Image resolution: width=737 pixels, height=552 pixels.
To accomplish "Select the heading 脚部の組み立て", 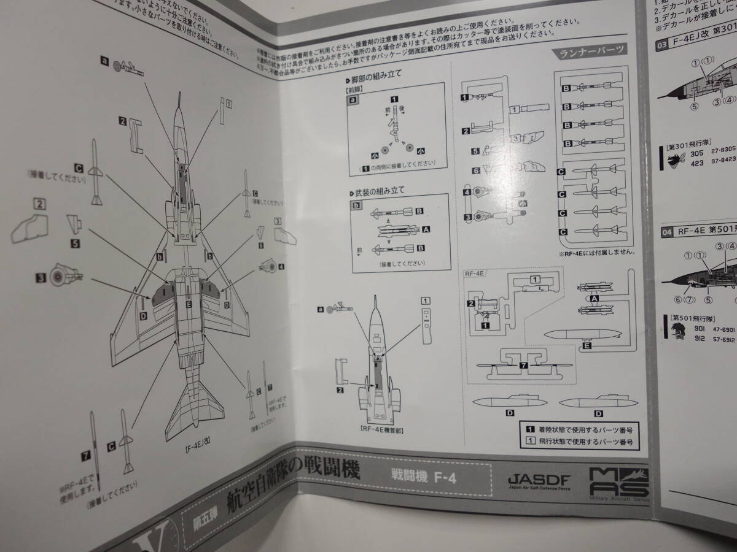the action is click(x=376, y=80).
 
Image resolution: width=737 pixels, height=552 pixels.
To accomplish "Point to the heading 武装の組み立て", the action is click(x=376, y=193).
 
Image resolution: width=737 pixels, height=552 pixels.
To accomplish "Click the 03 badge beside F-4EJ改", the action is click(x=662, y=45).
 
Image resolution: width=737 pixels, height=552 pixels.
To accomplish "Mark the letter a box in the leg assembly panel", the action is click(x=353, y=101).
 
